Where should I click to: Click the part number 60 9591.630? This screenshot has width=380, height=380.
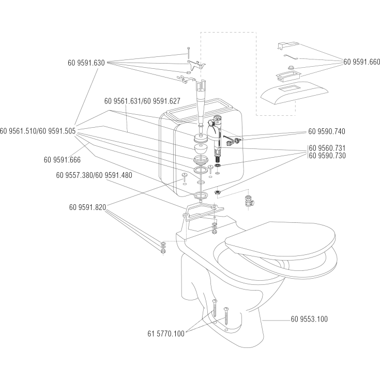tap(86, 63)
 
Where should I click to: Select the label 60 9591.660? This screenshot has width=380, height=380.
tap(361, 62)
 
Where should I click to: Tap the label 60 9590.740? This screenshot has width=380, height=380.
tap(327, 131)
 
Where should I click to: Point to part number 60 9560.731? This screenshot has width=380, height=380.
tap(327, 148)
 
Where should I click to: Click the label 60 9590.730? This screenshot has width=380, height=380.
tap(327, 155)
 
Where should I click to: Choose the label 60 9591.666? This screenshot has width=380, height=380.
tap(62, 160)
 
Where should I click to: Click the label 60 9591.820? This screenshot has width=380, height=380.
tap(87, 207)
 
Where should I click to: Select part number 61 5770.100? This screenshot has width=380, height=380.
tap(166, 333)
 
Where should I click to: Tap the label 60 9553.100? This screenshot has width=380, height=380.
tap(309, 319)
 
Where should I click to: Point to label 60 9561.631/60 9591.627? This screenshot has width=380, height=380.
tap(142, 101)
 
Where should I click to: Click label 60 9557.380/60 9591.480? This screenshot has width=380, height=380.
tap(94, 175)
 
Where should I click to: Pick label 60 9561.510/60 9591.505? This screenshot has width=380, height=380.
tap(38, 131)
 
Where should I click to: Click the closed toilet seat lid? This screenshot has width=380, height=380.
tap(280, 238)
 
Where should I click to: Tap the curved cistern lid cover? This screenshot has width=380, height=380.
tap(294, 93)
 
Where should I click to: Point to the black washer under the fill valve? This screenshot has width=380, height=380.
tap(218, 165)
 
